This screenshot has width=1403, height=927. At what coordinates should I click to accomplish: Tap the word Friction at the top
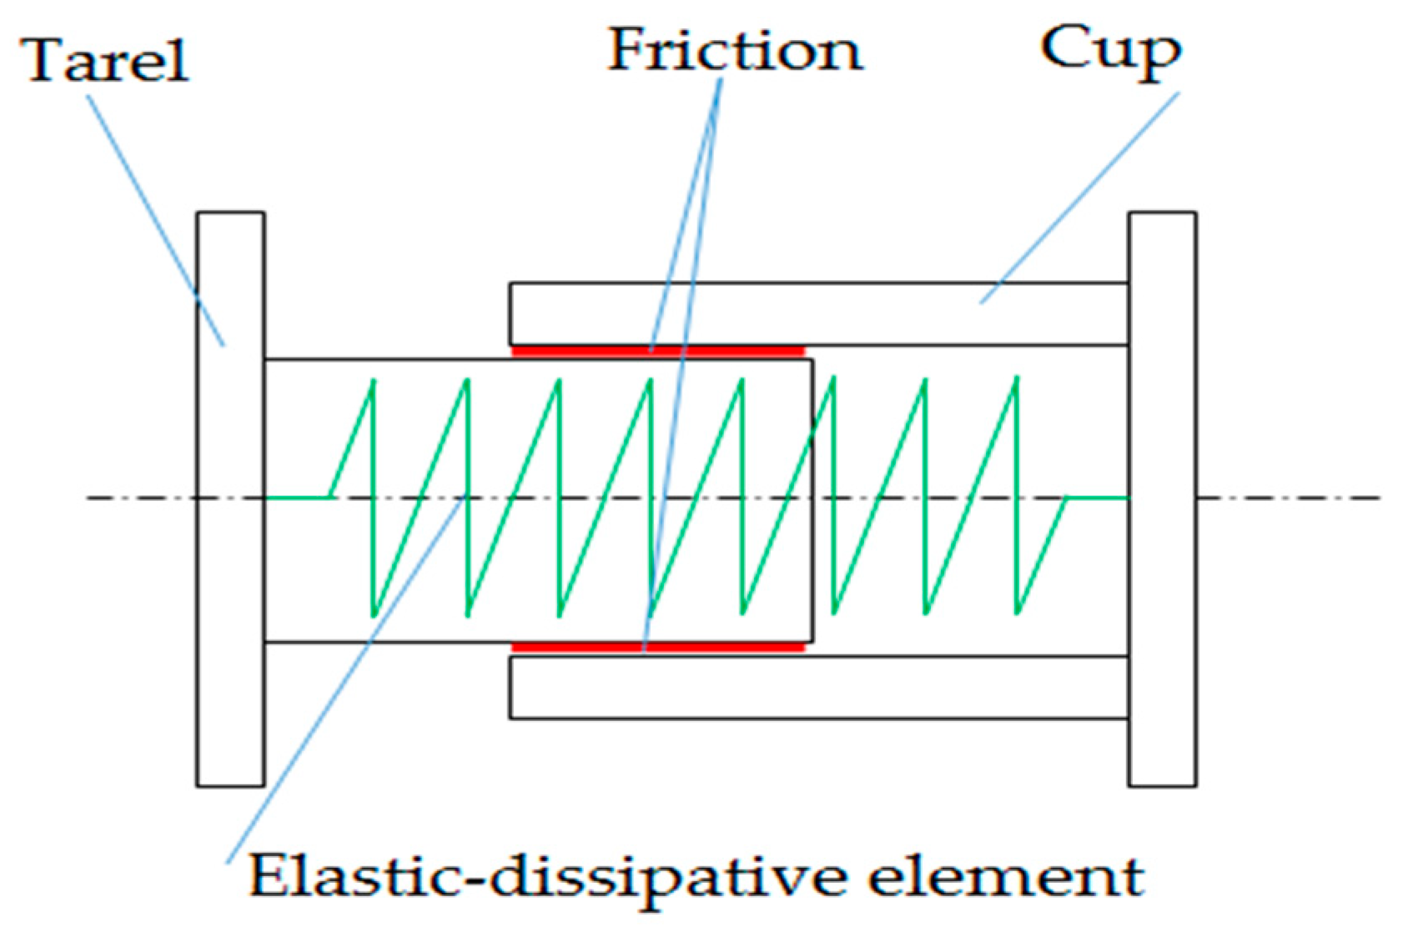click(x=735, y=50)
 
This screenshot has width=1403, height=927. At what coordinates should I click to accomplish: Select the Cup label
click(x=1110, y=50)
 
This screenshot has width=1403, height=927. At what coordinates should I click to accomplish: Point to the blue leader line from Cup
click(x=1084, y=192)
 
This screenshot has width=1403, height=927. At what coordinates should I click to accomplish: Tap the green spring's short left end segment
click(x=298, y=498)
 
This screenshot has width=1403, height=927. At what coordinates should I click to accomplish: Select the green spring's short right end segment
click(x=1098, y=498)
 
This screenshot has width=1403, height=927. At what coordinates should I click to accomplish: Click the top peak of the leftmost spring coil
click(x=374, y=381)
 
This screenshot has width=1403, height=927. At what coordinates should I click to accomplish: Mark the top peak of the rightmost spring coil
click(x=1017, y=379)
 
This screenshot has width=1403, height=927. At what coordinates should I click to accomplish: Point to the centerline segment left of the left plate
click(x=142, y=498)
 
